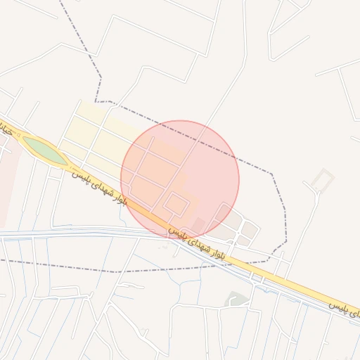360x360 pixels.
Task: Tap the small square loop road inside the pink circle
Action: point(176,205)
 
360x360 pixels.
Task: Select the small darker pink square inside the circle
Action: point(198,224)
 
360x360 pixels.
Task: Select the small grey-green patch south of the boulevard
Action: point(237,300)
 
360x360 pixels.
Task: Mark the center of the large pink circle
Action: point(180,179)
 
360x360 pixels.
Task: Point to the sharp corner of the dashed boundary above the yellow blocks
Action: point(96,102)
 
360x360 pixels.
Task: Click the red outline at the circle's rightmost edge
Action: point(239,179)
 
